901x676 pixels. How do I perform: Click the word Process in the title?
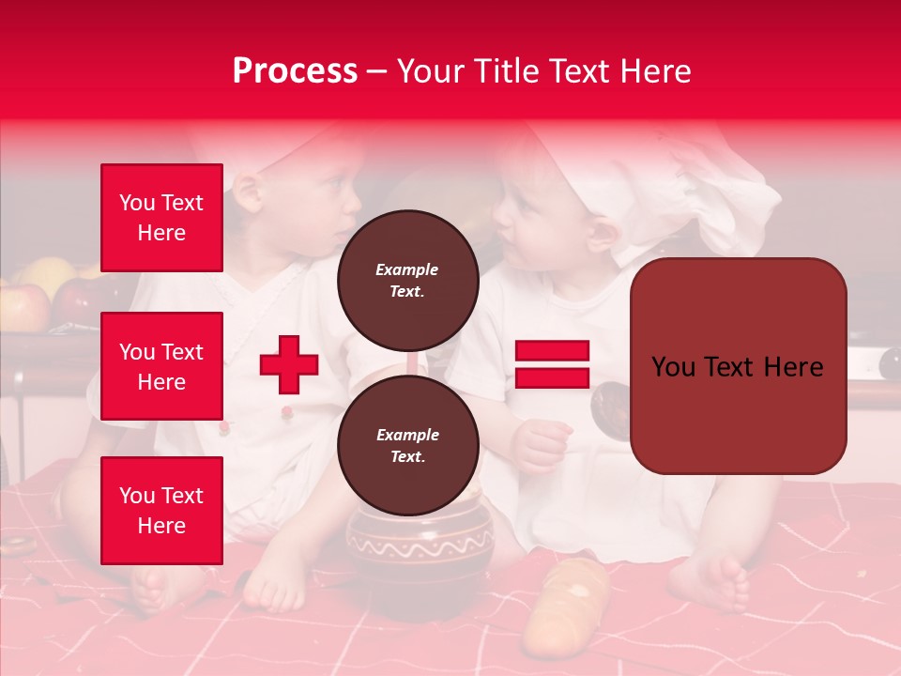(295, 71)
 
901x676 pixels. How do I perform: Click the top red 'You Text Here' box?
(161, 218)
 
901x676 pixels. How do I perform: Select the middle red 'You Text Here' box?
(161, 366)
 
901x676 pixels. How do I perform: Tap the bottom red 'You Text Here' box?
(161, 511)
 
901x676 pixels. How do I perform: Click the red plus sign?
(289, 364)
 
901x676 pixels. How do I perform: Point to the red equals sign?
(552, 364)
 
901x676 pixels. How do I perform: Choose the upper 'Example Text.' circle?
(407, 280)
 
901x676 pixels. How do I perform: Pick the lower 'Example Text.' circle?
(407, 445)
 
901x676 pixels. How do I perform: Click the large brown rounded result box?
(738, 366)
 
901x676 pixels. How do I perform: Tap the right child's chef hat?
(685, 188)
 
